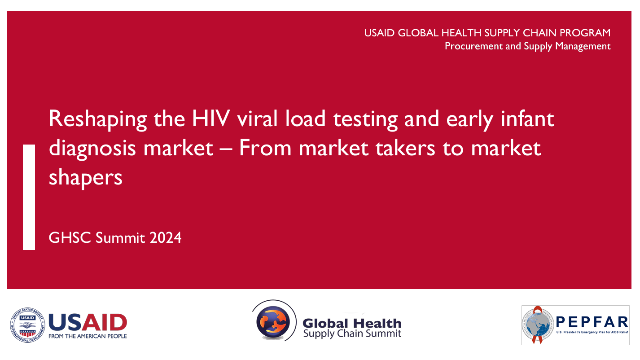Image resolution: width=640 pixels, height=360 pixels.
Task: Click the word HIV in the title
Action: point(211,119)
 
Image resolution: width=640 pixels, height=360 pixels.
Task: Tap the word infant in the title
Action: point(527,119)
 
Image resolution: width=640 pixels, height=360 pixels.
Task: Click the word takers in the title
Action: point(405,148)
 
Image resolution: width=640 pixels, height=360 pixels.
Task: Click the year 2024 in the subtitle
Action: point(166,238)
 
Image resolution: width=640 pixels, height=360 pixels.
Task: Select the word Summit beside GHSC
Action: point(120,238)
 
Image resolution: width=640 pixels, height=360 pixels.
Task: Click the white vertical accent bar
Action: point(29,197)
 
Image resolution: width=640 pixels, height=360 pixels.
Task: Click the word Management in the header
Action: point(583,46)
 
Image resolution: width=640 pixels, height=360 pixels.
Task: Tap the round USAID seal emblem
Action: point(27,325)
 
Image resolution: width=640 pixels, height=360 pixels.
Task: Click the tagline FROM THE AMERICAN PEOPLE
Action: point(88,336)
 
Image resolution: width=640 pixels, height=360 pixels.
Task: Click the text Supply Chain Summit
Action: point(352,334)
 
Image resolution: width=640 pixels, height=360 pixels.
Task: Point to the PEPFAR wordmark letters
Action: point(592,322)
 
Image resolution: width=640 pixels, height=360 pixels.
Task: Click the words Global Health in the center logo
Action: point(352,324)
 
